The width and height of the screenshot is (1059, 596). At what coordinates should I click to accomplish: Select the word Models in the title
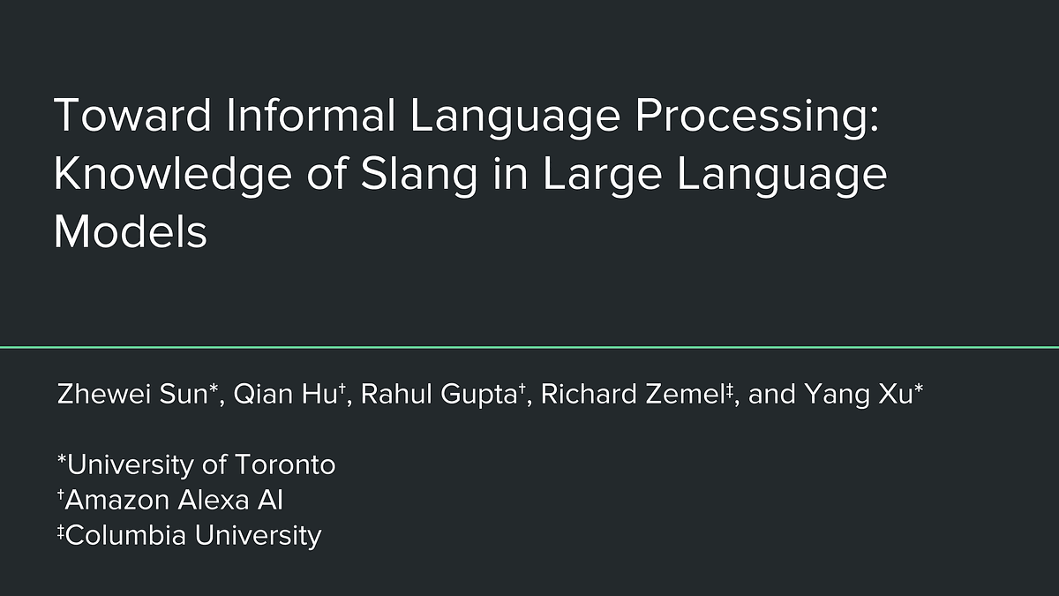(x=131, y=232)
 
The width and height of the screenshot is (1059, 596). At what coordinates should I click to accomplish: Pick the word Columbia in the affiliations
(x=124, y=535)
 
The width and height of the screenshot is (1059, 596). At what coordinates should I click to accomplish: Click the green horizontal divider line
(x=529, y=347)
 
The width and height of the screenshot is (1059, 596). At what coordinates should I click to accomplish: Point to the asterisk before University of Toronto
(x=61, y=460)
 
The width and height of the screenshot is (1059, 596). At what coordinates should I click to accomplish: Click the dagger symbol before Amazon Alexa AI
(x=61, y=496)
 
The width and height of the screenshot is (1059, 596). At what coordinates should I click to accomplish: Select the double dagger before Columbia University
(x=61, y=532)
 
